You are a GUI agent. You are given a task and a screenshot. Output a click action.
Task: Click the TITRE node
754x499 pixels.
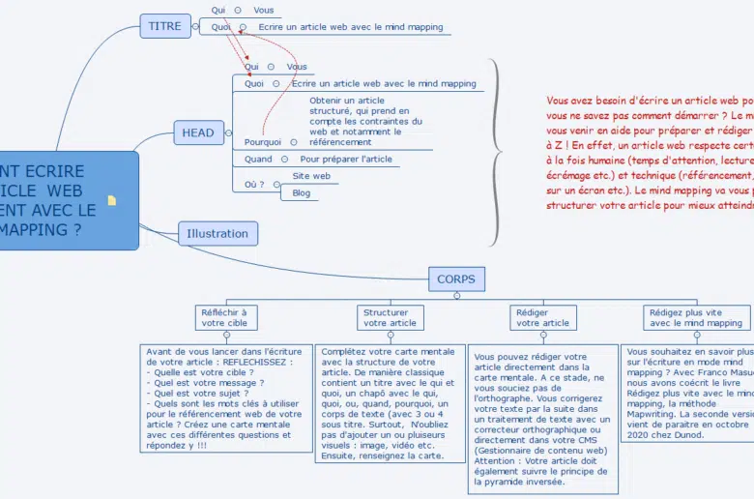(x=165, y=26)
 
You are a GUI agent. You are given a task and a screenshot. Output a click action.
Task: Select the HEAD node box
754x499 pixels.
(x=198, y=132)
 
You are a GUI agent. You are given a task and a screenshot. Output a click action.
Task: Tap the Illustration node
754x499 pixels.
(x=217, y=233)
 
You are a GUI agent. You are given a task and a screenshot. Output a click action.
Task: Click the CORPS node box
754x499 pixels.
(x=456, y=279)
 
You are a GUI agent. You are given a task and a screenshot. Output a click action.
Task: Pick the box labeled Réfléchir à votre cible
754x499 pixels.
(x=223, y=317)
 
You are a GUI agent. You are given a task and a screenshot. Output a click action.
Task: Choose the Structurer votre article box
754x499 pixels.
(x=391, y=317)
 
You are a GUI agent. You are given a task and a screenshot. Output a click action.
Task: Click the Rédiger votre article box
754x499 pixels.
(x=542, y=317)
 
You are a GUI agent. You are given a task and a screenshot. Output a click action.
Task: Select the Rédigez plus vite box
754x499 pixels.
(x=696, y=317)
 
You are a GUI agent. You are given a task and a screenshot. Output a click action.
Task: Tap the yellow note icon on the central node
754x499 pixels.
(x=112, y=201)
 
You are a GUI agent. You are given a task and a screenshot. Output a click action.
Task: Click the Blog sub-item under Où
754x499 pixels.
(x=302, y=193)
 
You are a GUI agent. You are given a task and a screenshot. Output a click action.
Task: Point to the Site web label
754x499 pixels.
(x=311, y=176)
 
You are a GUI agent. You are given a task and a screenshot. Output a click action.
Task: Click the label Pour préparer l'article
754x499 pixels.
(x=346, y=159)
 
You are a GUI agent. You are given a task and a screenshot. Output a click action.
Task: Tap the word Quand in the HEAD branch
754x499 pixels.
(x=258, y=159)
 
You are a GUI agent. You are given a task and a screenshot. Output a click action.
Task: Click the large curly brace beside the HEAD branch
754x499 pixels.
(x=496, y=150)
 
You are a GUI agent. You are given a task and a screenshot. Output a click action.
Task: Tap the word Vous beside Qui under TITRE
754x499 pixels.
(x=264, y=11)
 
